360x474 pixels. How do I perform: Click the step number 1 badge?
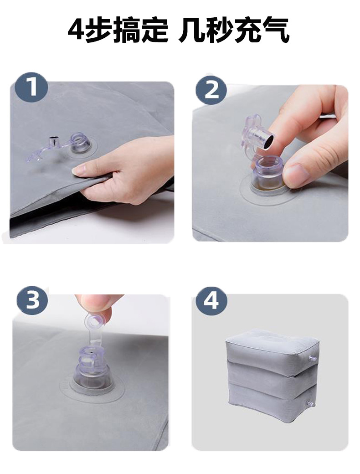coord(32,87)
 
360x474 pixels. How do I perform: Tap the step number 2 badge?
coord(211,89)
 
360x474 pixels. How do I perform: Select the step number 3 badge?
coord(32,299)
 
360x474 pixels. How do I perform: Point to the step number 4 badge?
coord(211,301)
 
